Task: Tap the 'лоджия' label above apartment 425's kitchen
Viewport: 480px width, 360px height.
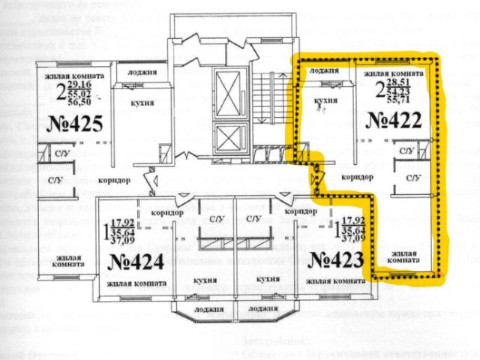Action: click(142, 73)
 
